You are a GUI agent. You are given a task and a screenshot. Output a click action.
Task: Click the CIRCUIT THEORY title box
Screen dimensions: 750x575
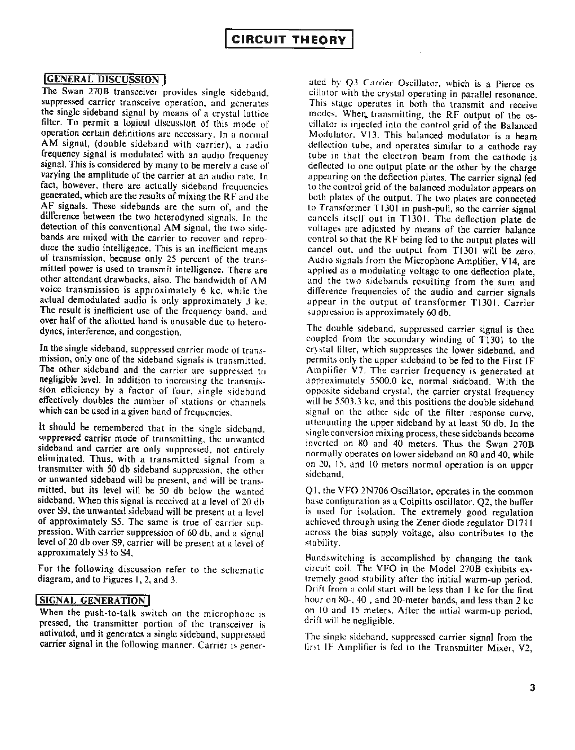(x=289, y=39)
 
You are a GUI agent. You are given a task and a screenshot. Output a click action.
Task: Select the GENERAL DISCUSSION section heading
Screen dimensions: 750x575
(x=104, y=80)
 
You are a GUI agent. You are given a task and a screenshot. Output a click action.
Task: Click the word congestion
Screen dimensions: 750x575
(x=157, y=332)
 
